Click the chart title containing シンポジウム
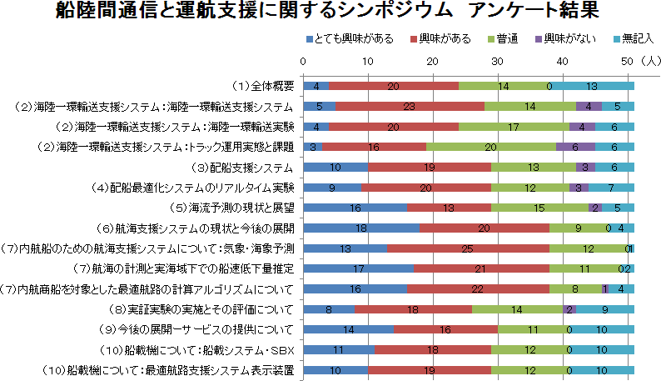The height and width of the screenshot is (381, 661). click(330, 12)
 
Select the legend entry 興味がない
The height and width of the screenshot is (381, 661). click(567, 39)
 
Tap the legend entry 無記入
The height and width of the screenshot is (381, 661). click(634, 39)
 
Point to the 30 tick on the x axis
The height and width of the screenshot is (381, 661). click(497, 61)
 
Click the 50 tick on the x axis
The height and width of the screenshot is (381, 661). click(627, 61)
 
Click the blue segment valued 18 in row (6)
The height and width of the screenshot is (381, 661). click(361, 228)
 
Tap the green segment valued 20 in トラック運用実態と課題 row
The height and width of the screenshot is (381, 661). click(491, 147)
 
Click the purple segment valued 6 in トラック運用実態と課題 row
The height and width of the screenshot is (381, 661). click(575, 147)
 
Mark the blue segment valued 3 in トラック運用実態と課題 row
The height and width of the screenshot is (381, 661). click(313, 147)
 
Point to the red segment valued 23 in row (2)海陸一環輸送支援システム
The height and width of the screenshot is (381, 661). click(410, 106)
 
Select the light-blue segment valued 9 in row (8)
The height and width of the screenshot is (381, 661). click(605, 308)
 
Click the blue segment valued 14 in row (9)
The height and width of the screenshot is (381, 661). click(349, 329)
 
